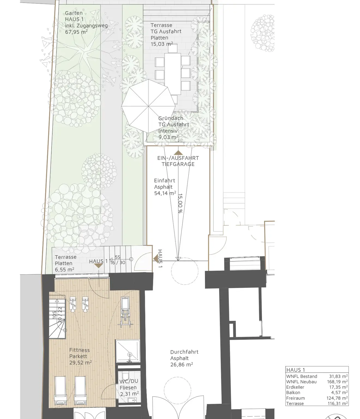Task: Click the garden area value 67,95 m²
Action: pos(76,32)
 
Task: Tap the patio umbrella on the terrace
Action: pos(149,106)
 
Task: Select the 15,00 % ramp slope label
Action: pos(180,203)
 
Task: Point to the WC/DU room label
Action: pos(129,381)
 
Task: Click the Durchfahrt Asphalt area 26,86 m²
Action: pos(181,364)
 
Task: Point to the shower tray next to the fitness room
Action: pos(128,351)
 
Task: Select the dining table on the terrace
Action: pos(173,74)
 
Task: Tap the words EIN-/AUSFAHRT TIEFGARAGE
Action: pos(178,161)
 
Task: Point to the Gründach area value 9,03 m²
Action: pos(168,137)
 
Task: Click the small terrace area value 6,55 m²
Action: pos(65,270)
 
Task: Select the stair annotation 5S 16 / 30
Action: pos(118,260)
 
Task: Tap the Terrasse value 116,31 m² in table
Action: pos(338,403)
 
